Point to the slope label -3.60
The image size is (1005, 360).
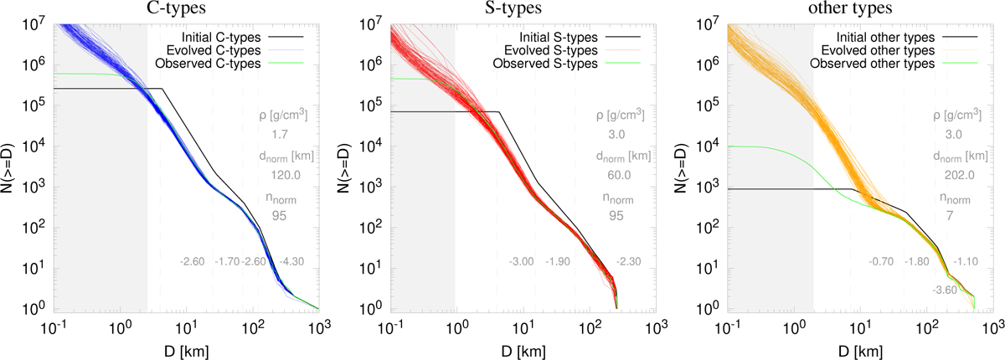tap(944, 290)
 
